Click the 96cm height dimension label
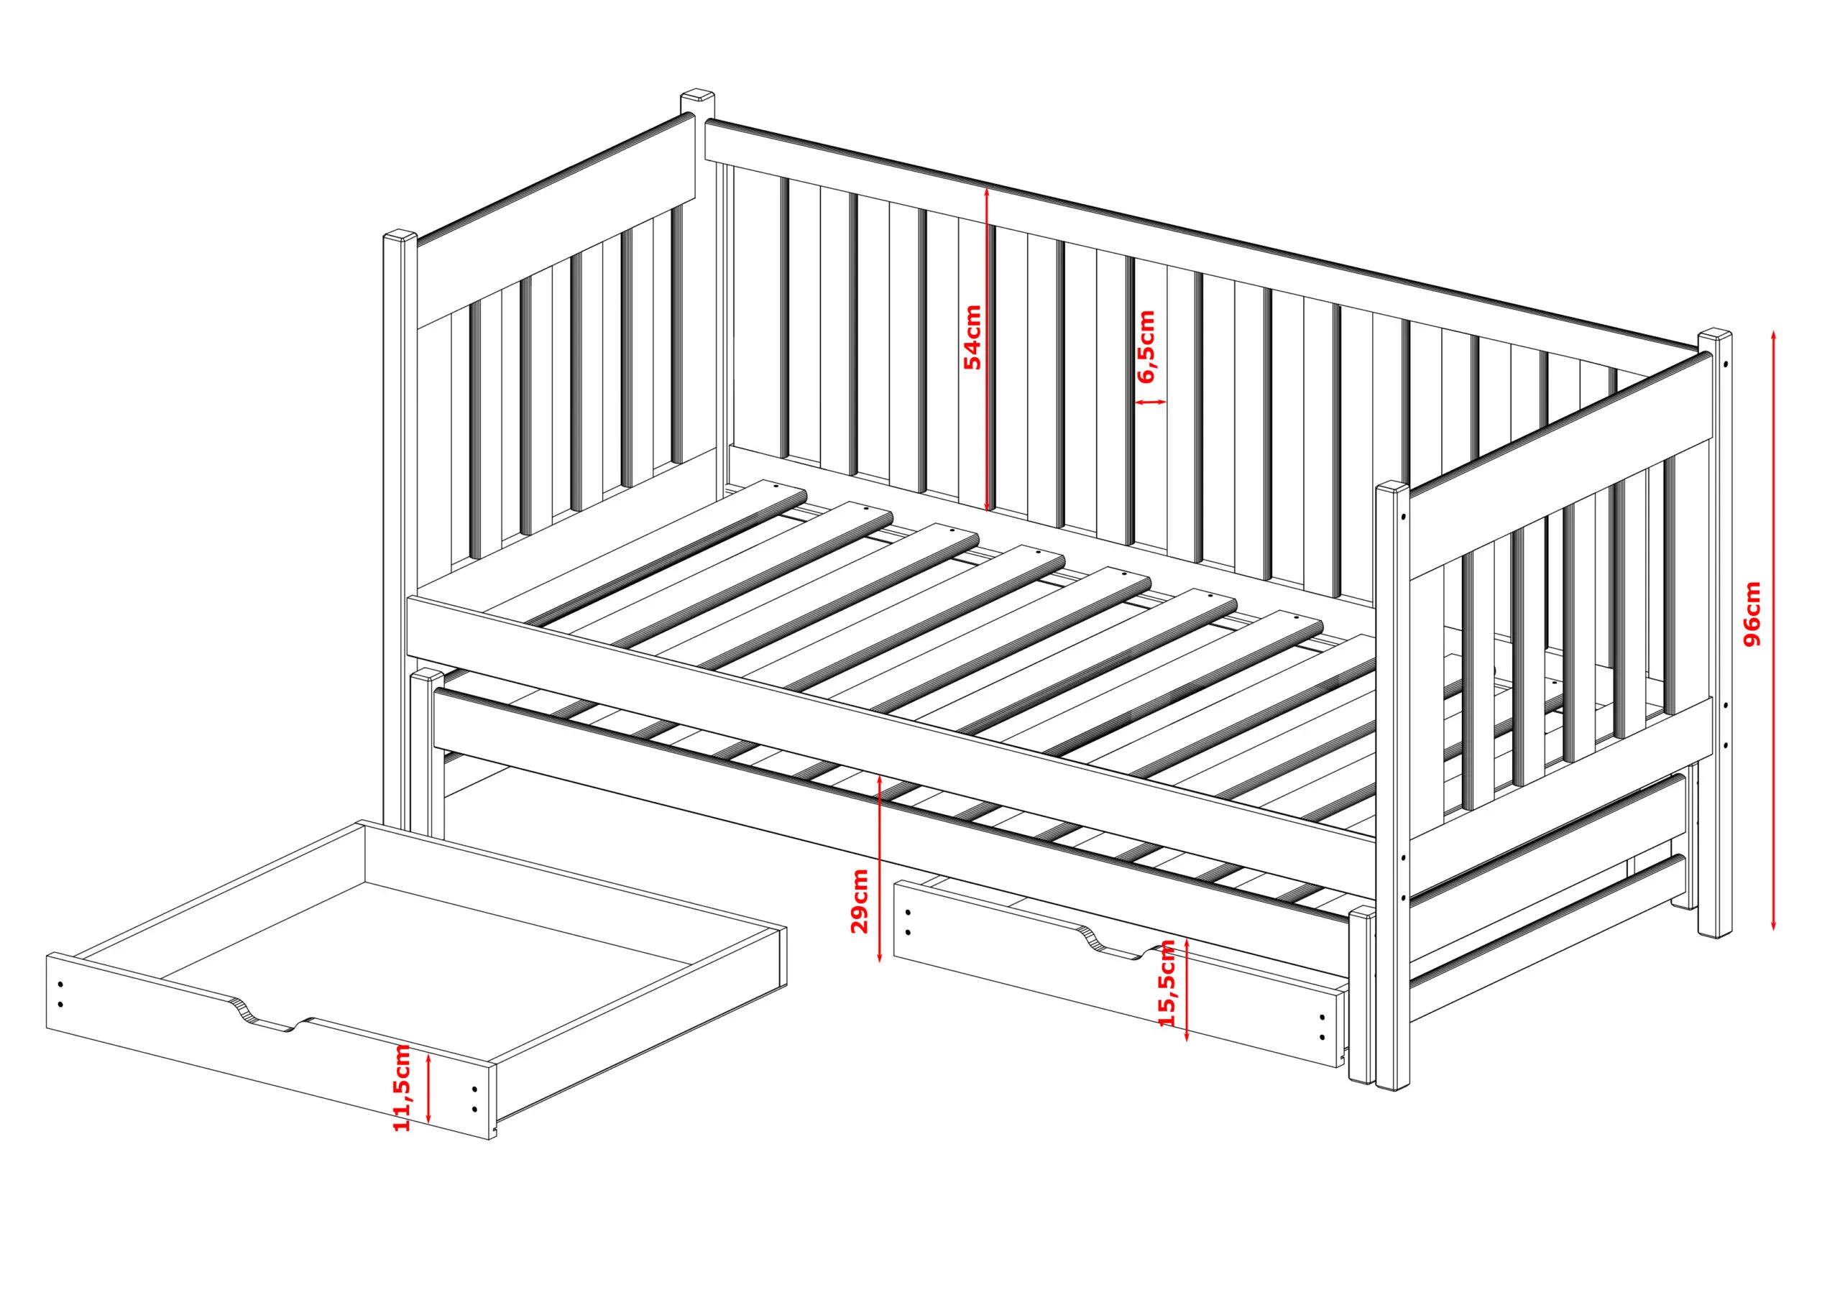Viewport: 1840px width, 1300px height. click(1752, 614)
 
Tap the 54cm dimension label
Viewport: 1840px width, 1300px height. click(972, 336)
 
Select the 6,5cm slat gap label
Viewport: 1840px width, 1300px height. click(1147, 347)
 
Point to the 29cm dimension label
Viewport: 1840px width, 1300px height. click(859, 902)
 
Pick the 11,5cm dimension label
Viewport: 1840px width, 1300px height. click(402, 1087)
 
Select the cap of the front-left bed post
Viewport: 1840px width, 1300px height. click(400, 237)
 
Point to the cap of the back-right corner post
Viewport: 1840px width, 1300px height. click(1715, 335)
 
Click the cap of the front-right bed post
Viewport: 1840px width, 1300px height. click(1393, 488)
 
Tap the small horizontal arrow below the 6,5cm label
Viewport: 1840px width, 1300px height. click(1151, 402)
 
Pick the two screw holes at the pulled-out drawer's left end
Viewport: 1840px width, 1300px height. click(61, 995)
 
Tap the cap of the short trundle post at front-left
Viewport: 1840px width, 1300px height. click(427, 676)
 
